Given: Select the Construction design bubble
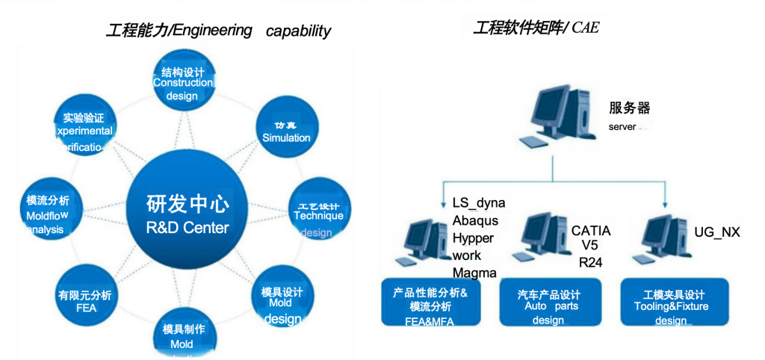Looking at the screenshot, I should point(182,84).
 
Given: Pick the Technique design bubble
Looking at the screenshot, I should point(317,214).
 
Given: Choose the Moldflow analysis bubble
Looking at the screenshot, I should point(48,214).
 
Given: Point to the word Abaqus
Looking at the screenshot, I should point(475,221).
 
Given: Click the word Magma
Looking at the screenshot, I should point(474,273).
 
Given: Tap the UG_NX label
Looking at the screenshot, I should point(717,232).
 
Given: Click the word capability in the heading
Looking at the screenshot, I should point(298,31).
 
